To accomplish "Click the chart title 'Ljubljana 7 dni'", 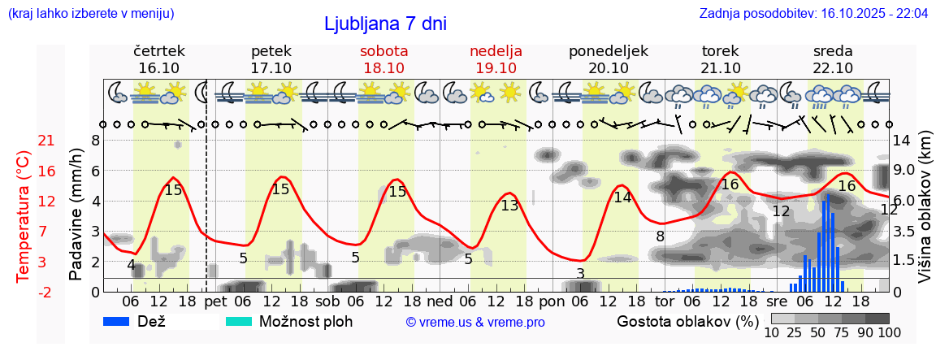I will click(x=385, y=24).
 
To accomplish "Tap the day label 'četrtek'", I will click(x=158, y=51).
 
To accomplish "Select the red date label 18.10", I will click(x=384, y=68).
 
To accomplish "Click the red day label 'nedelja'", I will click(x=496, y=51).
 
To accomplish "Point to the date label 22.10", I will click(x=833, y=68).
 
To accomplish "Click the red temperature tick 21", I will click(x=46, y=141).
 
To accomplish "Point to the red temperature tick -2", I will click(x=46, y=292).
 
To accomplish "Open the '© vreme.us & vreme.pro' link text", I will click(x=475, y=323).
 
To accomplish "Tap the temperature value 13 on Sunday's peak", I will click(x=509, y=206).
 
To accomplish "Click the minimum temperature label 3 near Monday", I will click(x=580, y=273).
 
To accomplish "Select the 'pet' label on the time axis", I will click(x=215, y=302).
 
